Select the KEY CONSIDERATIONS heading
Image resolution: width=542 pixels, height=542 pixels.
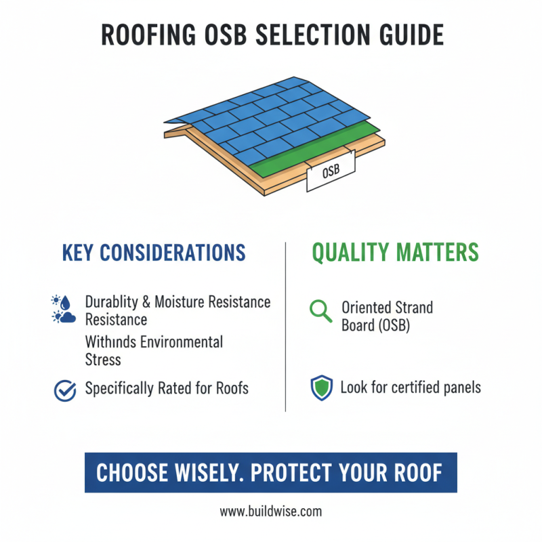(154, 253)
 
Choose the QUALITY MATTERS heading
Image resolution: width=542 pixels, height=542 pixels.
(395, 253)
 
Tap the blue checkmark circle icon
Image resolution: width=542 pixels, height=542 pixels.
(64, 389)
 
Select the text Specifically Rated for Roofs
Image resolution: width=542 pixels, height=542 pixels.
(167, 389)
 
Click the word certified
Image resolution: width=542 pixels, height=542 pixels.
(420, 388)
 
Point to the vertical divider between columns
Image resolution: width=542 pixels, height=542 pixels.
(286, 325)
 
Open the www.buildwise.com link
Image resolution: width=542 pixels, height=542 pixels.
(271, 512)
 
